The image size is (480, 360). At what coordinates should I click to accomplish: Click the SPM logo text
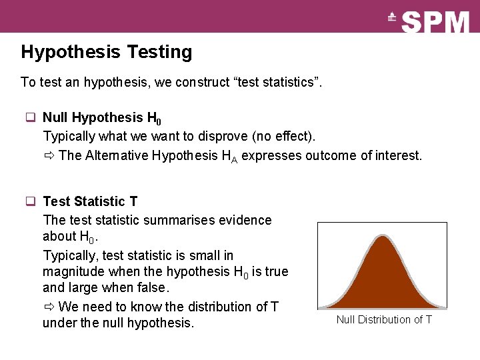[436, 22]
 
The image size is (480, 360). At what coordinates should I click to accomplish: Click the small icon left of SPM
[392, 18]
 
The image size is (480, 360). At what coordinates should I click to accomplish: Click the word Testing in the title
[159, 52]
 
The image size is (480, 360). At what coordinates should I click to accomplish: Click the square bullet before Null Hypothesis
[31, 118]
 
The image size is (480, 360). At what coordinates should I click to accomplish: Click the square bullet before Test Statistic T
[31, 201]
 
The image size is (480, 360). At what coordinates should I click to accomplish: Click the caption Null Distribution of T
[384, 320]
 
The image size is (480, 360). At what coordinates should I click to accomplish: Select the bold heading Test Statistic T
[90, 201]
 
